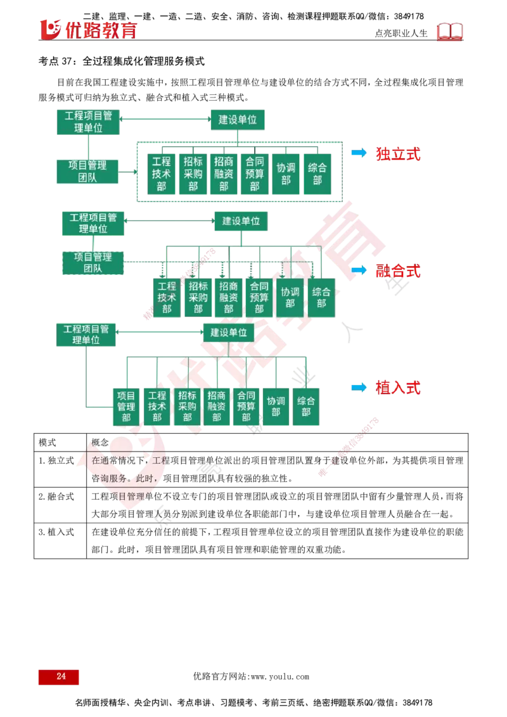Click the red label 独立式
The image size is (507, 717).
[398, 154]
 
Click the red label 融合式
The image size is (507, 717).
[398, 271]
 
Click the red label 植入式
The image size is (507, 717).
[398, 388]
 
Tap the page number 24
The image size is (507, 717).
[61, 676]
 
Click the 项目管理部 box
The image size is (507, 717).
[126, 406]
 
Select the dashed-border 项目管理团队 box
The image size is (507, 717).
[93, 263]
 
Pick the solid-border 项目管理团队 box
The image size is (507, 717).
[88, 171]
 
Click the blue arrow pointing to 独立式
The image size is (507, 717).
[359, 153]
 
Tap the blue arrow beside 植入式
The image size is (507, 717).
[359, 387]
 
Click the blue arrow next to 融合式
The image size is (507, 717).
[359, 270]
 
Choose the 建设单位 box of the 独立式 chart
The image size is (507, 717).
[238, 119]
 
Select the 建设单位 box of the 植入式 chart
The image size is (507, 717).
[229, 333]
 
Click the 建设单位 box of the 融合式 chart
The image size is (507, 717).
[241, 222]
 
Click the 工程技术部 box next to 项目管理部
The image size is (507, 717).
[157, 406]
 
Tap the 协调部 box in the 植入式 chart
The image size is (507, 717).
[276, 406]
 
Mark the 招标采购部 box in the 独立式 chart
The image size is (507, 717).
[193, 174]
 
